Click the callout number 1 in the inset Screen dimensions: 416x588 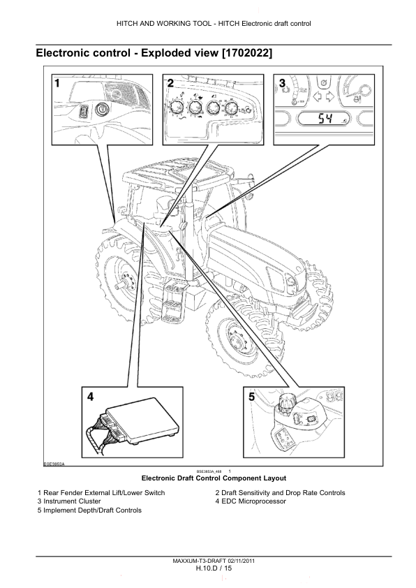pos(57,83)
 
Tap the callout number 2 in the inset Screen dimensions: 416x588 pos(170,83)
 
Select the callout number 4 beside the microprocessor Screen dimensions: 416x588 pos(90,397)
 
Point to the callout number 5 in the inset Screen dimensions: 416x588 pos(251,397)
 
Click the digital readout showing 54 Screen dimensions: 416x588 pos(324,119)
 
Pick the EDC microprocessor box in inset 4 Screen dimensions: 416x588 pos(142,419)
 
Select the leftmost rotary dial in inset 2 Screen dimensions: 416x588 pos(175,108)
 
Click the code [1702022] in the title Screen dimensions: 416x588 pos(247,53)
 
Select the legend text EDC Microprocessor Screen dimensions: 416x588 pos(254,501)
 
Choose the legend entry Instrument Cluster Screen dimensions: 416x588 pos(73,501)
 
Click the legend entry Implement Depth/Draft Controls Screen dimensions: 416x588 pos(93,510)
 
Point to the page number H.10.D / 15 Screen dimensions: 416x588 pos(214,568)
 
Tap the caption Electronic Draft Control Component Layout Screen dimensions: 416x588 pos(214,478)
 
